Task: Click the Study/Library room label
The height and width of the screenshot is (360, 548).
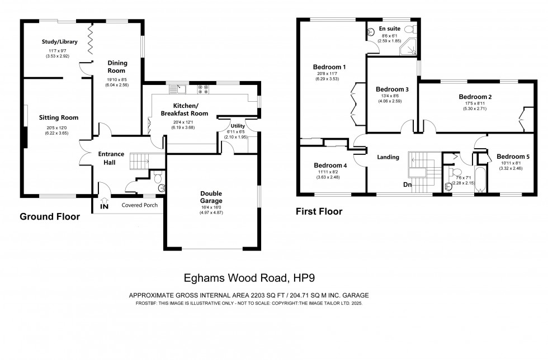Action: pos(59,42)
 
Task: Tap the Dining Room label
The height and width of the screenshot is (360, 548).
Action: pos(117,67)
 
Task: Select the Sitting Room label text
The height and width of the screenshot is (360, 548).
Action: pos(59,117)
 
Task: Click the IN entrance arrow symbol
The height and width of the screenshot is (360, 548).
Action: pos(105,203)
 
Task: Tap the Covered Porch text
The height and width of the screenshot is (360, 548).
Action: pos(140,205)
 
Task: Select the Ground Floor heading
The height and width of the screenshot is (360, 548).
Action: pos(50,217)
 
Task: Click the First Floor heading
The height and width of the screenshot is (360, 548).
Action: pos(319,212)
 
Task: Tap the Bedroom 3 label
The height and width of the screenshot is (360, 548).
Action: pos(392,89)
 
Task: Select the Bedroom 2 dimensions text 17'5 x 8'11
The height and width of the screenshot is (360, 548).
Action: pos(470,104)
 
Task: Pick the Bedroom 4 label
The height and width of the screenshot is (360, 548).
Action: pos(330,165)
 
